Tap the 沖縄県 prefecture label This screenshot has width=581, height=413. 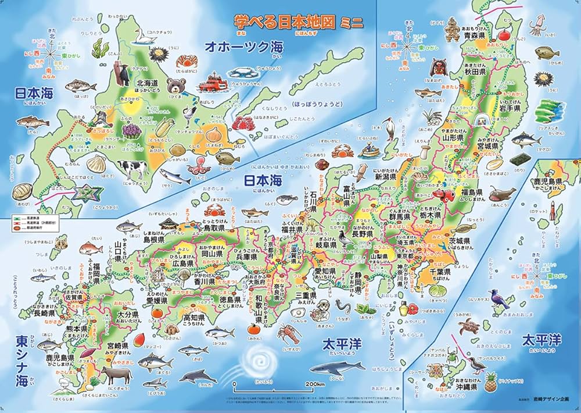point(466,386)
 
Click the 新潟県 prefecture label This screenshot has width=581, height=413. point(385,176)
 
